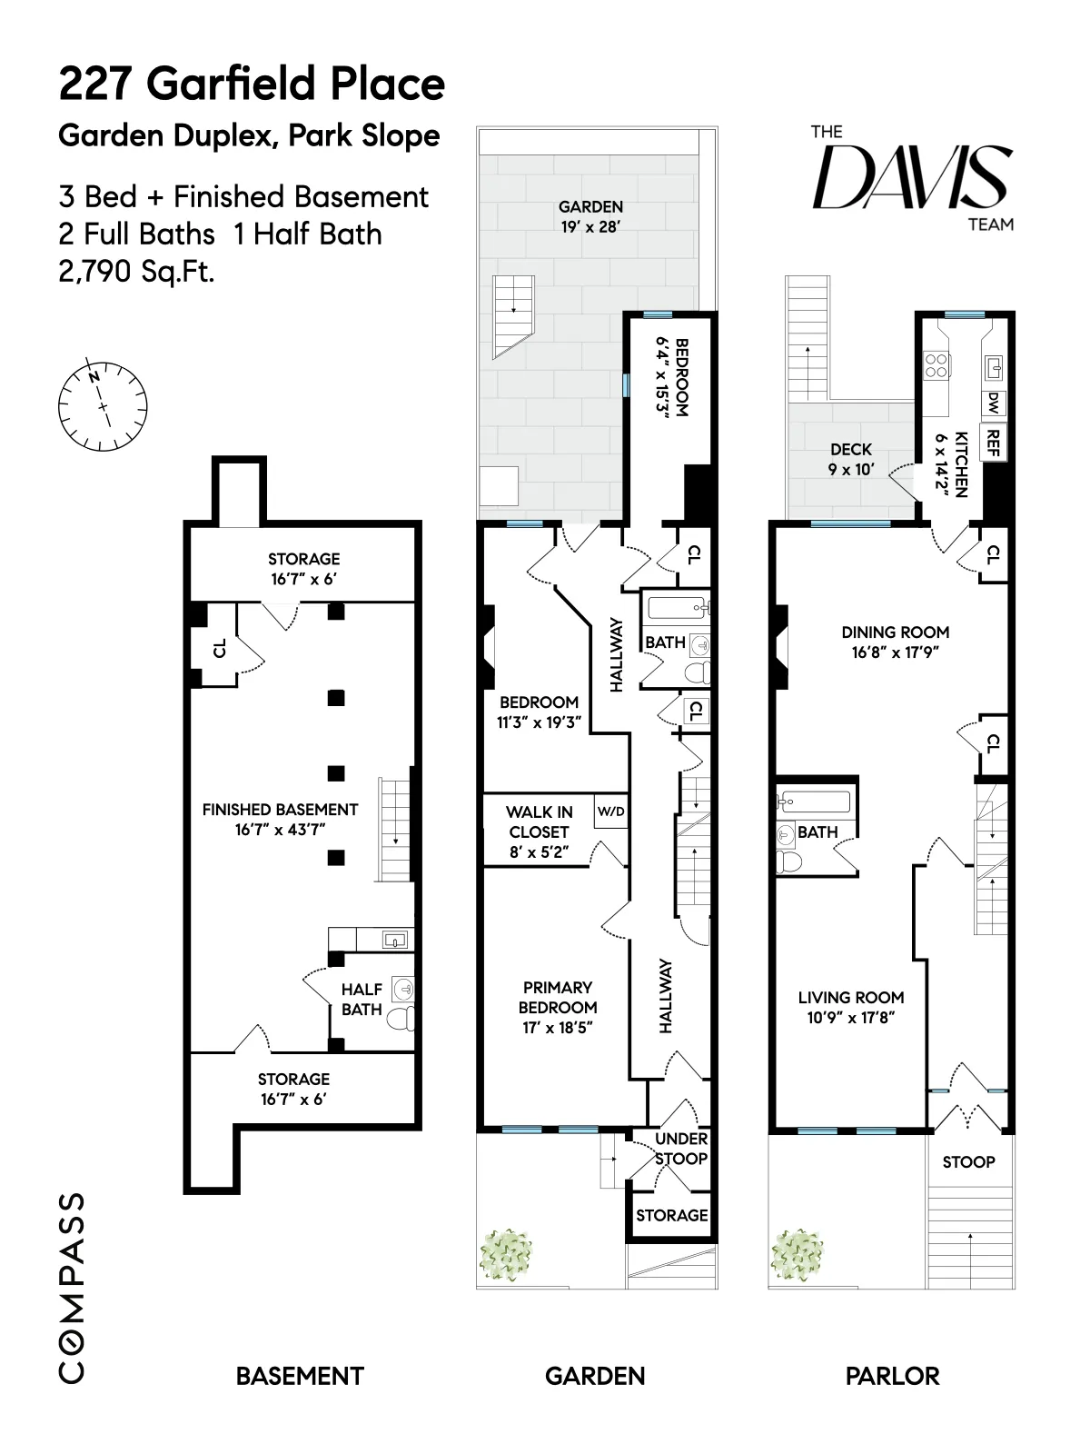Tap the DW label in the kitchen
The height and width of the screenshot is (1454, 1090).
pos(994,403)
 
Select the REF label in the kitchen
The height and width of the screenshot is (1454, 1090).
pos(994,443)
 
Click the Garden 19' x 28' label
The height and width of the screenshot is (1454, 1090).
pos(590,216)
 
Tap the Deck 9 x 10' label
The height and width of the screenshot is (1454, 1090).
pos(851,459)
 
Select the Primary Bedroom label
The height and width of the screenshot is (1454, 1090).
pos(558,997)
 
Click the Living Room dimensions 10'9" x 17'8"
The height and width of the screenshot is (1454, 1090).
pos(851,1018)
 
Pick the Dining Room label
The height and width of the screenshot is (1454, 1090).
pos(895,632)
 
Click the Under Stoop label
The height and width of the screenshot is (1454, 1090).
pos(681,1149)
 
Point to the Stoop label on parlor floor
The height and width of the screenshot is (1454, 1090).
pos(968,1161)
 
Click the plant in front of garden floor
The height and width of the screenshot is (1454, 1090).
pos(506,1255)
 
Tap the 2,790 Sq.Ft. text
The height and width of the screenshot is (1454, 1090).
pos(136,271)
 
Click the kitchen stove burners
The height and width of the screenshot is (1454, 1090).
pos(936,365)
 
